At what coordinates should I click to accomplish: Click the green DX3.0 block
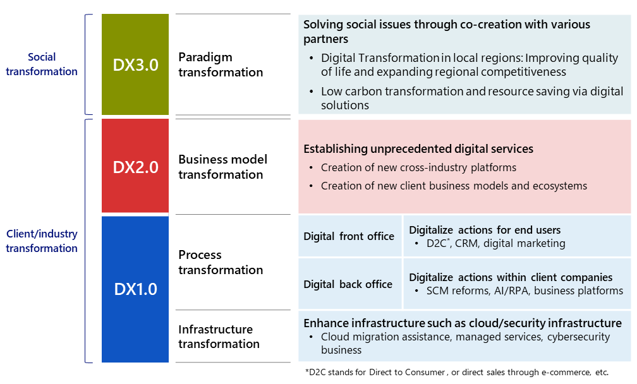pyautogui.click(x=135, y=64)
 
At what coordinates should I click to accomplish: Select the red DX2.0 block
pyautogui.click(x=135, y=165)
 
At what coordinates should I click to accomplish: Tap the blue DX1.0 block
pyautogui.click(x=135, y=289)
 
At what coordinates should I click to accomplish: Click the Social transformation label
pyautogui.click(x=42, y=64)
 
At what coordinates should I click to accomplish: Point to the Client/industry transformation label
pyautogui.click(x=42, y=241)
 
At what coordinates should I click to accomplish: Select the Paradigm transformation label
pyautogui.click(x=221, y=64)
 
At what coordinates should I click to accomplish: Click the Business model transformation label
pyautogui.click(x=222, y=167)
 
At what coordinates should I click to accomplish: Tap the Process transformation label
pyautogui.click(x=221, y=262)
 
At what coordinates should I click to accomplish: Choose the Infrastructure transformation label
pyautogui.click(x=219, y=337)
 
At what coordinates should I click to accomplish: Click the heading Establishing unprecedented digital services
pyautogui.click(x=418, y=149)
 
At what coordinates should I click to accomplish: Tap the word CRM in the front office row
pyautogui.click(x=466, y=243)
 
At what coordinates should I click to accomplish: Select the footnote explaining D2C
pyautogui.click(x=457, y=372)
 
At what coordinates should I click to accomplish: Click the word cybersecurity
pyautogui.click(x=578, y=337)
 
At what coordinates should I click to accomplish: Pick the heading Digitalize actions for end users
pyautogui.click(x=485, y=230)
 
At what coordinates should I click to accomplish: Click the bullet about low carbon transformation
pyautogui.click(x=472, y=98)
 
